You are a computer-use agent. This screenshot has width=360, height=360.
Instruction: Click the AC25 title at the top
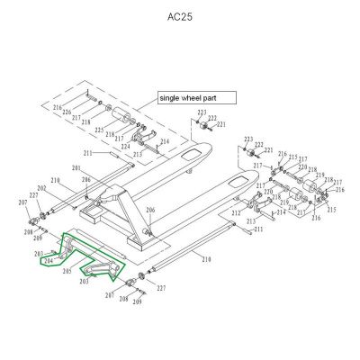click(179, 16)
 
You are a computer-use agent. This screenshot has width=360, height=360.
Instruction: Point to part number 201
click(76, 168)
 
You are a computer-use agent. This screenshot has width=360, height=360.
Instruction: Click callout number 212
click(235, 212)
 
